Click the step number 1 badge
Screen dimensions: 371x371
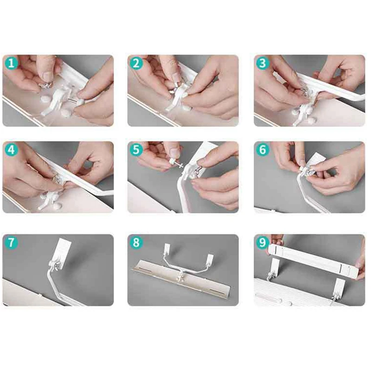(11, 63)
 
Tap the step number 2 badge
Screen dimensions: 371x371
(136, 63)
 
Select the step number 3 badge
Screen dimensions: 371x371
(262, 63)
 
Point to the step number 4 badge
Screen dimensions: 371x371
(11, 150)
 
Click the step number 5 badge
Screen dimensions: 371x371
(136, 150)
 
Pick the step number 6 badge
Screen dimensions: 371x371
(262, 150)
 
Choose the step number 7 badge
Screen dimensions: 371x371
(11, 243)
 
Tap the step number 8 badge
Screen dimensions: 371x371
(136, 243)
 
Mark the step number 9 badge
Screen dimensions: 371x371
(262, 243)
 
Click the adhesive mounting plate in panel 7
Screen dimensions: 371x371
(63, 254)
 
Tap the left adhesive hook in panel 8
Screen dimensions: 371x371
(167, 249)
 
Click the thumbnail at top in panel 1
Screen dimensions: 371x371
(48, 76)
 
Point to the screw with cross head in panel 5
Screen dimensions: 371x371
(178, 164)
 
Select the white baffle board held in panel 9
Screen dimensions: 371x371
(313, 261)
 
